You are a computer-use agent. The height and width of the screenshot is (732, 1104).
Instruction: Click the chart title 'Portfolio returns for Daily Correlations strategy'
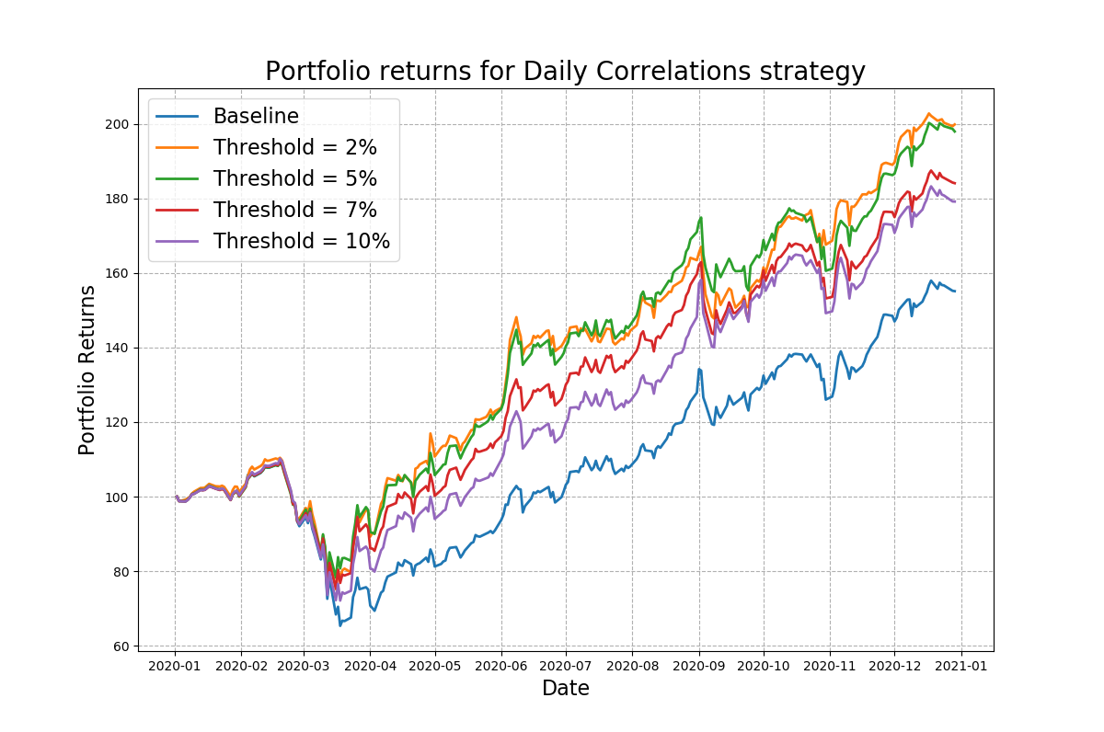click(x=565, y=72)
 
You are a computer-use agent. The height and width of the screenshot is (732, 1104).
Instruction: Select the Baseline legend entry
click(x=256, y=117)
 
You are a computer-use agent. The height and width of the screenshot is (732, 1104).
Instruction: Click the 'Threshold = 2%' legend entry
click(x=294, y=148)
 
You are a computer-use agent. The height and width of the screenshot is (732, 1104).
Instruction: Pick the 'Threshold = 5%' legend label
click(x=294, y=179)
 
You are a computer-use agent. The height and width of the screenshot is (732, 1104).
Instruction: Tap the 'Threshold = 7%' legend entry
click(x=294, y=211)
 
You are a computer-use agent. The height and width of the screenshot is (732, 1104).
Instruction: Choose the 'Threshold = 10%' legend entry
click(x=301, y=242)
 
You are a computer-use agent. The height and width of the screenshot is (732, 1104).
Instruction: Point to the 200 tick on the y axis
click(x=118, y=124)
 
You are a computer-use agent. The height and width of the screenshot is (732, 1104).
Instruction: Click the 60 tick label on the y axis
click(x=121, y=646)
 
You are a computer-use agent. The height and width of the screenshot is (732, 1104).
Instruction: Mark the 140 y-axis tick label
click(x=118, y=349)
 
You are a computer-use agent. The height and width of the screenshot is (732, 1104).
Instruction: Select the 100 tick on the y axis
click(x=118, y=498)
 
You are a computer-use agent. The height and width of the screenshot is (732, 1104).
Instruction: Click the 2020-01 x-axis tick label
click(x=176, y=665)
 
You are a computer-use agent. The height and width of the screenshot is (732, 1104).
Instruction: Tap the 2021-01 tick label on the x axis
click(x=961, y=665)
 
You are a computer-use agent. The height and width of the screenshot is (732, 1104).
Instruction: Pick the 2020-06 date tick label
click(x=501, y=665)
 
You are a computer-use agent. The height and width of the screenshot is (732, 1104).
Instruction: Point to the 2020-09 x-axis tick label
click(x=699, y=665)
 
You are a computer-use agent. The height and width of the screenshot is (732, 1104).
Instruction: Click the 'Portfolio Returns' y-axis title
click(x=87, y=370)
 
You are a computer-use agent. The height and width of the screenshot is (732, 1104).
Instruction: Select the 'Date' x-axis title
click(x=565, y=689)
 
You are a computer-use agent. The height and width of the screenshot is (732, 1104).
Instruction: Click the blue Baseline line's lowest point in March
click(x=339, y=625)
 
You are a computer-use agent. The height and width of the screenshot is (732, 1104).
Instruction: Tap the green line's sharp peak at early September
click(x=701, y=218)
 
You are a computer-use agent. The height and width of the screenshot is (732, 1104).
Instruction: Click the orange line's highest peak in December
click(x=929, y=114)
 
